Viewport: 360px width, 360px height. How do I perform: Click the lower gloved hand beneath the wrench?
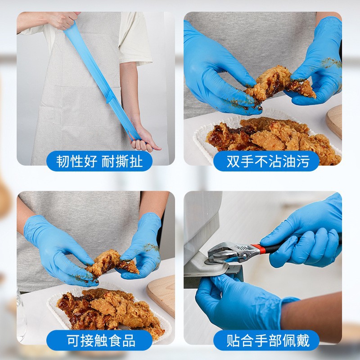[238, 301]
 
